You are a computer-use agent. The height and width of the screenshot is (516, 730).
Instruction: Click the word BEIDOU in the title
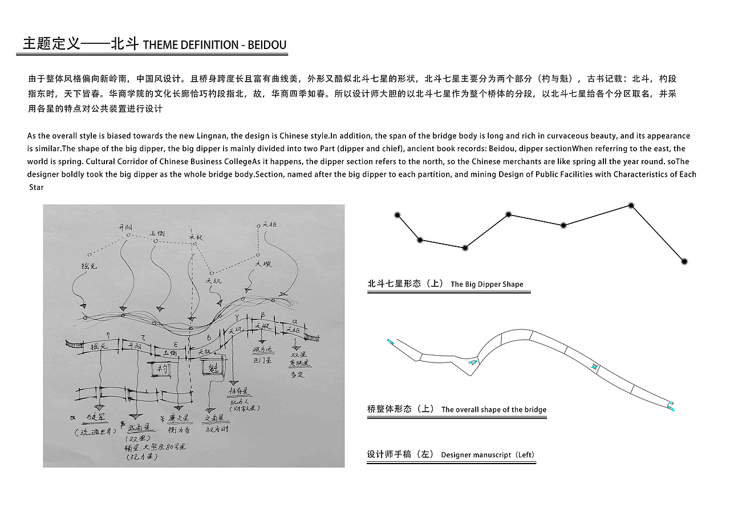[x=267, y=45]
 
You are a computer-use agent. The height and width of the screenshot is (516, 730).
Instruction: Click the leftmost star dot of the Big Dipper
[x=398, y=215]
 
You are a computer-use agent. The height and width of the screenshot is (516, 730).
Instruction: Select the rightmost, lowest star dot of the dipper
[x=685, y=261]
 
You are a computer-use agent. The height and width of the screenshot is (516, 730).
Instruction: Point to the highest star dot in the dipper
[x=631, y=205]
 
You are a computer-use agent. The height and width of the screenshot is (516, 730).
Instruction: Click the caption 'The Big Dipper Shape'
[x=486, y=284]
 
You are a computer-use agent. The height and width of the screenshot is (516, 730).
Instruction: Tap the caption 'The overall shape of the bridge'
[x=493, y=409]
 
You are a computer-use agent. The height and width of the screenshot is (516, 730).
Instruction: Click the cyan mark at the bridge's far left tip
[x=390, y=342]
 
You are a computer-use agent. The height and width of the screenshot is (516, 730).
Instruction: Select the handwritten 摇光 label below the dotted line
[x=90, y=266]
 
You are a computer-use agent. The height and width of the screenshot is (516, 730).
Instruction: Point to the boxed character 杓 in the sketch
[x=159, y=369]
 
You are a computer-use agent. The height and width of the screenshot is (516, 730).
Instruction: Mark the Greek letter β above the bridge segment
[x=262, y=315]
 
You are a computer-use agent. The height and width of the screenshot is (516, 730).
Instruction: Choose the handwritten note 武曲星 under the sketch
[x=139, y=428]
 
